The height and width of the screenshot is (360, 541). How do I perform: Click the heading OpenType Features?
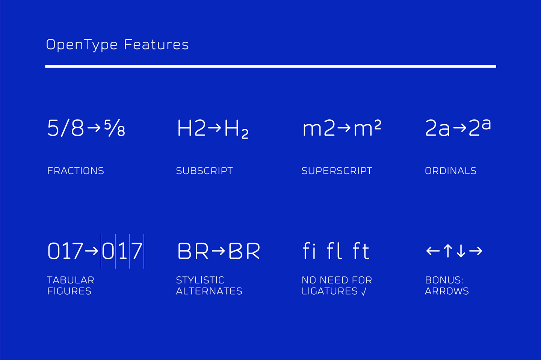tap(117, 45)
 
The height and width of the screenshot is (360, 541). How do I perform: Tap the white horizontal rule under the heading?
tap(270, 66)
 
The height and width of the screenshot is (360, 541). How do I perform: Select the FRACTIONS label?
tap(76, 171)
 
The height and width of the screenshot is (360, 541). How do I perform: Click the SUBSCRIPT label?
tap(204, 171)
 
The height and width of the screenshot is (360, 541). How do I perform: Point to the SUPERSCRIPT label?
tap(337, 171)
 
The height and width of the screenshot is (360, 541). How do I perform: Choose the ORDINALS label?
tap(450, 171)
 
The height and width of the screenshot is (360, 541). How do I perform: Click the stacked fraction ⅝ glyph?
tap(115, 128)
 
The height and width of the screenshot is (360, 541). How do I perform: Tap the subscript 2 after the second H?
tap(245, 134)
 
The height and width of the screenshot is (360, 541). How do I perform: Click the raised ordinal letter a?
tap(486, 124)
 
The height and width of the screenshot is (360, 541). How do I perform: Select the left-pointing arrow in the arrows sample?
tap(433, 251)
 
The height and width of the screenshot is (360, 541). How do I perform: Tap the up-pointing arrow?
tap(447, 251)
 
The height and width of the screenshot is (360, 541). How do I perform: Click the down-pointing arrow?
tap(461, 251)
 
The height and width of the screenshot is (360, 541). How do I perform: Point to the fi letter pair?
tap(309, 251)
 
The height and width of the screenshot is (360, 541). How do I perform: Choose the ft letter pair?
tap(361, 251)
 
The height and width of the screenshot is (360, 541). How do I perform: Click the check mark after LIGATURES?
tap(364, 292)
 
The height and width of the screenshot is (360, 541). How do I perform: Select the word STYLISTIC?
tap(200, 280)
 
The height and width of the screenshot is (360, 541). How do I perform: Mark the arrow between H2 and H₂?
tap(215, 128)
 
